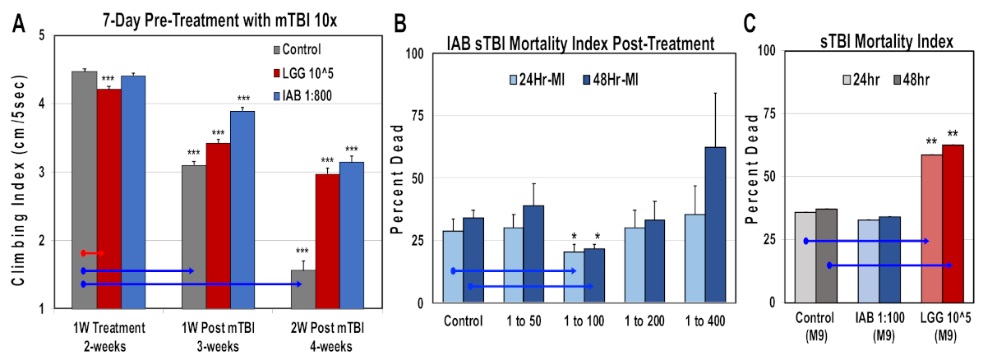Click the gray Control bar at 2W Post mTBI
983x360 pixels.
[303, 288]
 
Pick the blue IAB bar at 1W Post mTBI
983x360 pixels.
[242, 210]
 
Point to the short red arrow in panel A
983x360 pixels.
[93, 252]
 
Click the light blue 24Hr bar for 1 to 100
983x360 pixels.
[574, 277]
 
